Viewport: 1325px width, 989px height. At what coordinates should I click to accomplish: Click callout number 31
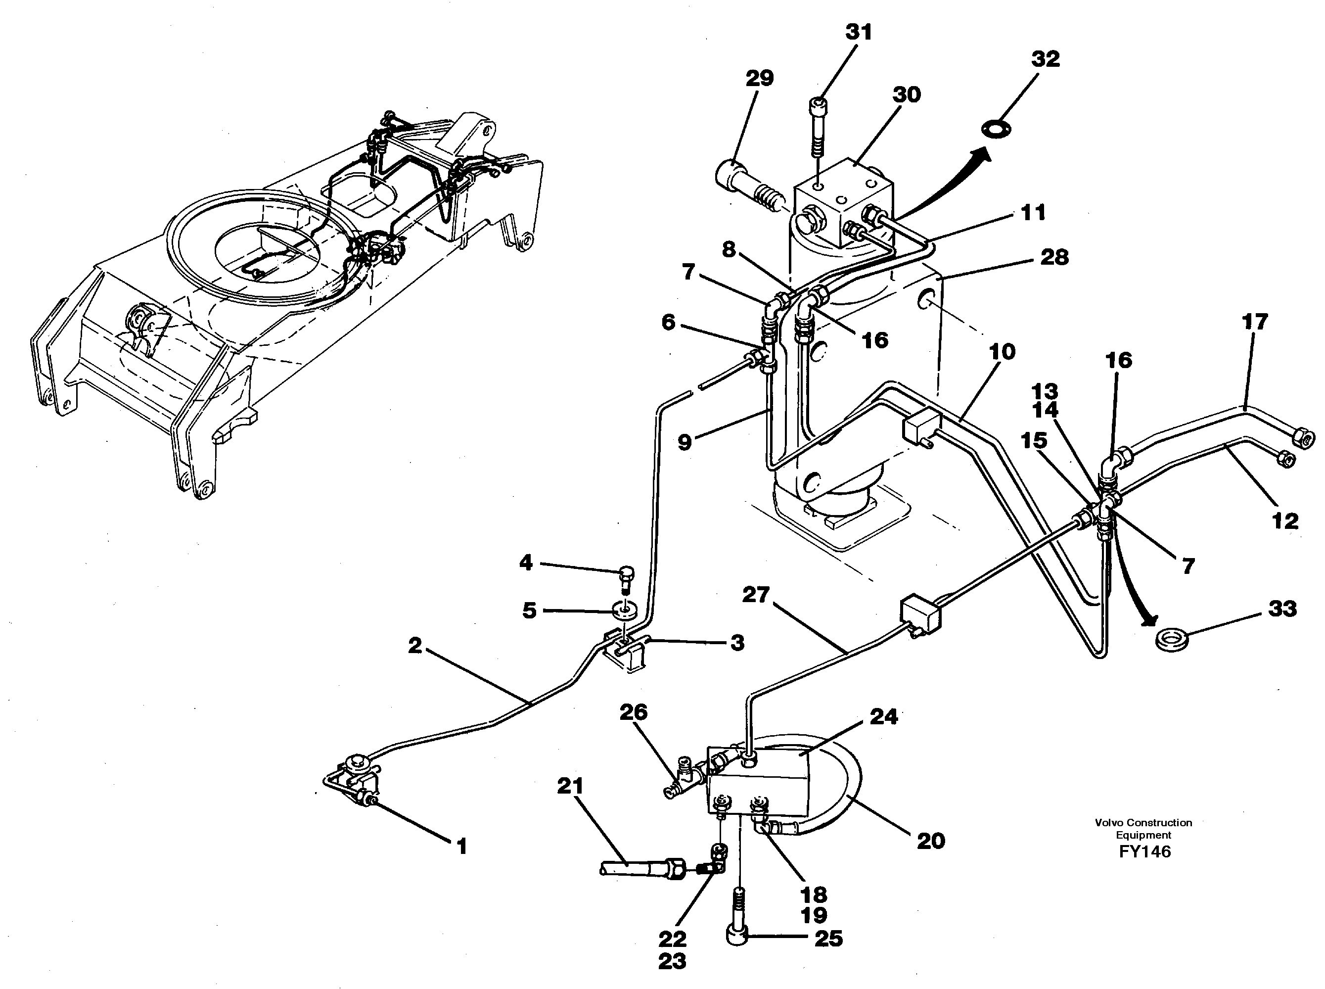(x=858, y=32)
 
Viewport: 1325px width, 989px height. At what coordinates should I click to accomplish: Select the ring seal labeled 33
(x=1171, y=638)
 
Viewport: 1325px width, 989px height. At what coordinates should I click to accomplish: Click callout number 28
(x=1054, y=257)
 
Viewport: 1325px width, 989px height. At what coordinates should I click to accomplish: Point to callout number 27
(x=755, y=596)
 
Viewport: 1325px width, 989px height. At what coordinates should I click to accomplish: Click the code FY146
(x=1144, y=852)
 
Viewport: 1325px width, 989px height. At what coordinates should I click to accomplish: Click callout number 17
(x=1254, y=322)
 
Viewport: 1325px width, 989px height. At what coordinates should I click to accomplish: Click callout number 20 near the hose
(x=931, y=841)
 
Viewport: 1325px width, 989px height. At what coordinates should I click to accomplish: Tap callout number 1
(x=461, y=847)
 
